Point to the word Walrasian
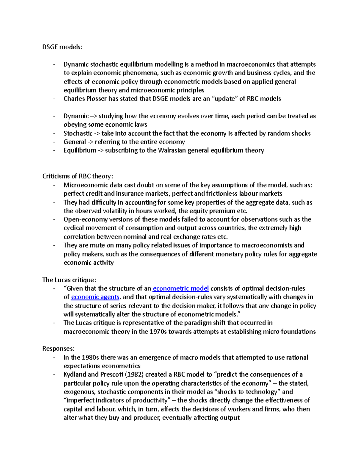point(172,150)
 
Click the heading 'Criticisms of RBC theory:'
point(78,176)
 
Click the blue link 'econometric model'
point(181,288)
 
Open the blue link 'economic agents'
point(95,297)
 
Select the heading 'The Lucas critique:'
point(69,280)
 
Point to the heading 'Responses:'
point(58,349)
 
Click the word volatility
point(108,211)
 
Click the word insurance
point(131,194)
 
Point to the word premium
point(222,211)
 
